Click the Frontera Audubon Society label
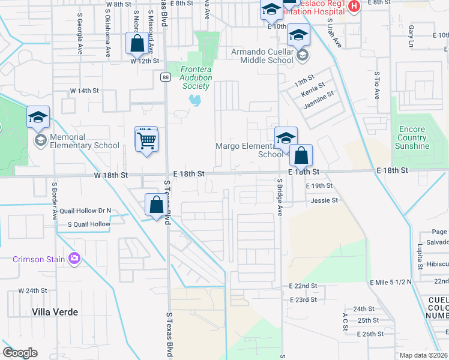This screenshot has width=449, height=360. click(196, 77)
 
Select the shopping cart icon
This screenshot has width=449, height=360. click(146, 141)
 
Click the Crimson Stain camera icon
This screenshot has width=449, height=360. click(74, 259)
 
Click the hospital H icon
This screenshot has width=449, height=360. click(354, 7)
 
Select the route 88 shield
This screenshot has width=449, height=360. click(165, 76)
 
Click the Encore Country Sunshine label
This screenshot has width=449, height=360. click(411, 137)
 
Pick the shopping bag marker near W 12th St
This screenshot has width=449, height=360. click(137, 43)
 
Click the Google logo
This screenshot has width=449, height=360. click(20, 353)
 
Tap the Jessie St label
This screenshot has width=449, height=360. click(325, 200)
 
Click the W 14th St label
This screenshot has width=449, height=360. click(84, 91)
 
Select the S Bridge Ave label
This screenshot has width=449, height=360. click(279, 197)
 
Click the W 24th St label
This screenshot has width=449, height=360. click(32, 290)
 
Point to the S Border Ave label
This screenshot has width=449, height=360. click(54, 201)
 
